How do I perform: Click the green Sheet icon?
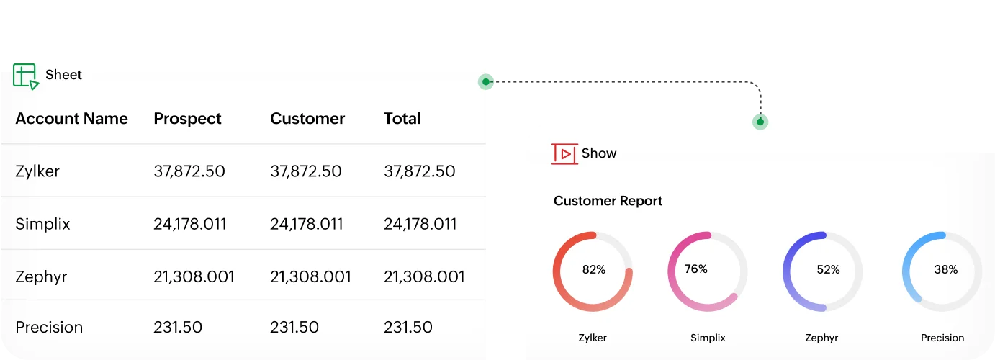tap(25, 76)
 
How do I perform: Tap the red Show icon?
tap(564, 153)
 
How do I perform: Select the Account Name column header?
tap(71, 119)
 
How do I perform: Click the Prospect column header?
tap(187, 119)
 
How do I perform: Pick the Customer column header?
tap(307, 119)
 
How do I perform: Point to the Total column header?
tap(402, 119)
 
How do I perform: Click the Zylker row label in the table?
tap(37, 171)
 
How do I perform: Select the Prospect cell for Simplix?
tap(190, 224)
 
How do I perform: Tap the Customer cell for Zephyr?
tap(310, 276)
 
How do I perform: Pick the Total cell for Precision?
tap(408, 328)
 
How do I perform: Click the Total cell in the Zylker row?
tap(419, 171)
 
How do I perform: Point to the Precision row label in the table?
tap(49, 328)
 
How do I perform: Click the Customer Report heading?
tap(608, 202)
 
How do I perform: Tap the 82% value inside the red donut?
tap(593, 270)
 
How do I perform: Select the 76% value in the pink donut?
tap(695, 269)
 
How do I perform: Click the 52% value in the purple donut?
tap(828, 270)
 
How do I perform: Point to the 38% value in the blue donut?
tap(945, 270)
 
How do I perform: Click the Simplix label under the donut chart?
tap(708, 338)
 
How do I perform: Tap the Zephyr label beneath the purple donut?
tap(821, 338)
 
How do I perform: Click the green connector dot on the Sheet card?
tap(487, 82)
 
